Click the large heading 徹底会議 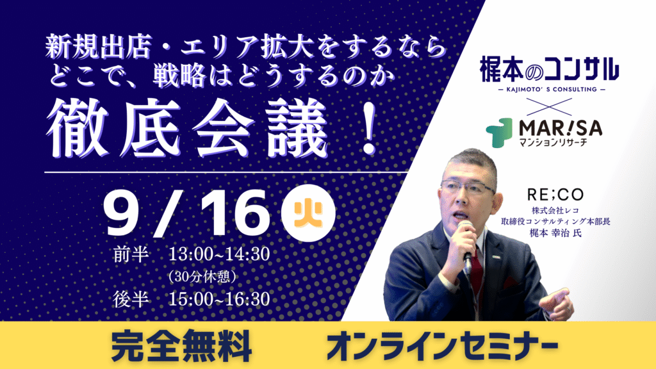(187, 128)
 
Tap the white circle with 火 (308, 215)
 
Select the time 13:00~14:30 (219, 254)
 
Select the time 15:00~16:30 (219, 299)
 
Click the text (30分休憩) (202, 277)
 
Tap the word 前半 (131, 254)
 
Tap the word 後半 (131, 299)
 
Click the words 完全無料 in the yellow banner (181, 345)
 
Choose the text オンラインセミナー (442, 345)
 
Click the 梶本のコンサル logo (549, 69)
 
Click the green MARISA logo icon (500, 133)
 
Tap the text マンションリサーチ (553, 143)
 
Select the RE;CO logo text (555, 195)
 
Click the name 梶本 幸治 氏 (555, 233)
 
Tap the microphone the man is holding (466, 246)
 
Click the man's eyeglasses (467, 187)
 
